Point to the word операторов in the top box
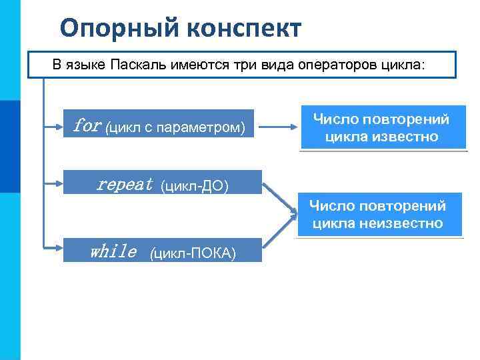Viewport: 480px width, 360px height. point(343,65)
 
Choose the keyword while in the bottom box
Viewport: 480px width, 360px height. point(113,251)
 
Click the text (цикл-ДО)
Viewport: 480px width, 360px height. point(195,185)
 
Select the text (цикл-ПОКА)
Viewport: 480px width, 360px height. point(193,253)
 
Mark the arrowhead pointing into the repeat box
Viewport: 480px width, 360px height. point(60,181)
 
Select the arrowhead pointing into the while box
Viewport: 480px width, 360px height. point(60,249)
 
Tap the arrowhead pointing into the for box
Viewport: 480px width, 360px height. point(60,124)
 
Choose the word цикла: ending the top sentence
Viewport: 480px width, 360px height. point(406,65)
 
